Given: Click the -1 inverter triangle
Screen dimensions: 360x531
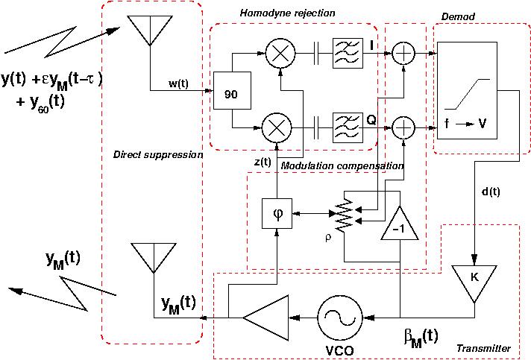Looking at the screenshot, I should coord(400,226).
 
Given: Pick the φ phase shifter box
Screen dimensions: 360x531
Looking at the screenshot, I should coord(278,214).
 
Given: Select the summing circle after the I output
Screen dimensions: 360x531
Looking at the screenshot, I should coord(403,54).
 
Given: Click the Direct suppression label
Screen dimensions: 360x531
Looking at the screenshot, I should coord(157,155).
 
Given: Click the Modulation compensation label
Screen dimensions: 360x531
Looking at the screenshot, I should coord(342,165).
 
